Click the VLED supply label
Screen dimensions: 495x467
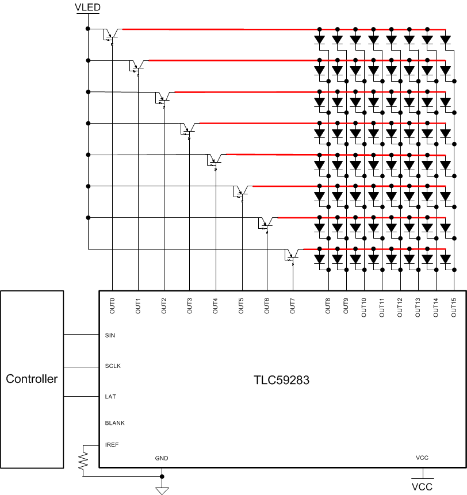(x=87, y=6)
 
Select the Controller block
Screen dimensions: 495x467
(x=32, y=379)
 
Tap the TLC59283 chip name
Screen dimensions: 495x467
(x=282, y=380)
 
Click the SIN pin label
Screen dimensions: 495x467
(x=110, y=335)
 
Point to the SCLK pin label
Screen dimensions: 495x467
(x=113, y=366)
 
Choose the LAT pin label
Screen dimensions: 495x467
(x=110, y=397)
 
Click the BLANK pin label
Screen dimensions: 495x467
(x=115, y=423)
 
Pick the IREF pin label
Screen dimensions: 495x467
(x=112, y=444)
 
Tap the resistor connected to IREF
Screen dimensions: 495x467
(x=84, y=460)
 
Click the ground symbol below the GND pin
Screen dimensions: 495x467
(x=162, y=490)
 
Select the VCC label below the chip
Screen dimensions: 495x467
(x=423, y=486)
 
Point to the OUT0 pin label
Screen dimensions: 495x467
(x=112, y=305)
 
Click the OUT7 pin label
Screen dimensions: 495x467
(x=293, y=305)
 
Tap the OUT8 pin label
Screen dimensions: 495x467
(x=328, y=305)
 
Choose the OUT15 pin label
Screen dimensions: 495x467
(x=454, y=306)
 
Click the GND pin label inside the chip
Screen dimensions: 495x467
(x=162, y=458)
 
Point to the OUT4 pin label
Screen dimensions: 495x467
(x=215, y=305)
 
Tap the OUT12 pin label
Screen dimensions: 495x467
(x=400, y=306)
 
